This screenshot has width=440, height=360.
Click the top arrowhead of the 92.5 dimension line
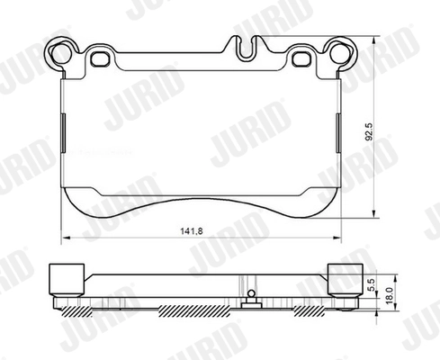coord(374,40)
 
